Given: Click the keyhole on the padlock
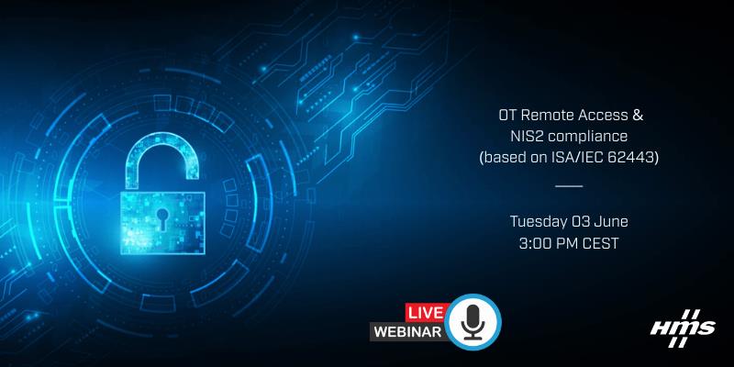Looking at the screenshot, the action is click(x=162, y=218).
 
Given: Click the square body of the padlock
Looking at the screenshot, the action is click(x=162, y=223).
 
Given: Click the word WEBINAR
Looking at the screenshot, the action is click(x=408, y=332).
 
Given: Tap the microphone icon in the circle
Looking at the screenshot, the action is click(x=473, y=323).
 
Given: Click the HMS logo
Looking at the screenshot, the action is click(x=683, y=328).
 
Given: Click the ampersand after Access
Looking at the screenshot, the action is click(x=638, y=116).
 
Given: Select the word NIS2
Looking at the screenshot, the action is click(x=526, y=137).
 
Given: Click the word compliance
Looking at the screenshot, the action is click(x=586, y=138).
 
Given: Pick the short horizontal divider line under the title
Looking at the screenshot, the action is click(x=569, y=186).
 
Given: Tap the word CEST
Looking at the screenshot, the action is click(x=601, y=243).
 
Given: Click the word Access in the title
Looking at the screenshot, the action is click(x=602, y=116).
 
